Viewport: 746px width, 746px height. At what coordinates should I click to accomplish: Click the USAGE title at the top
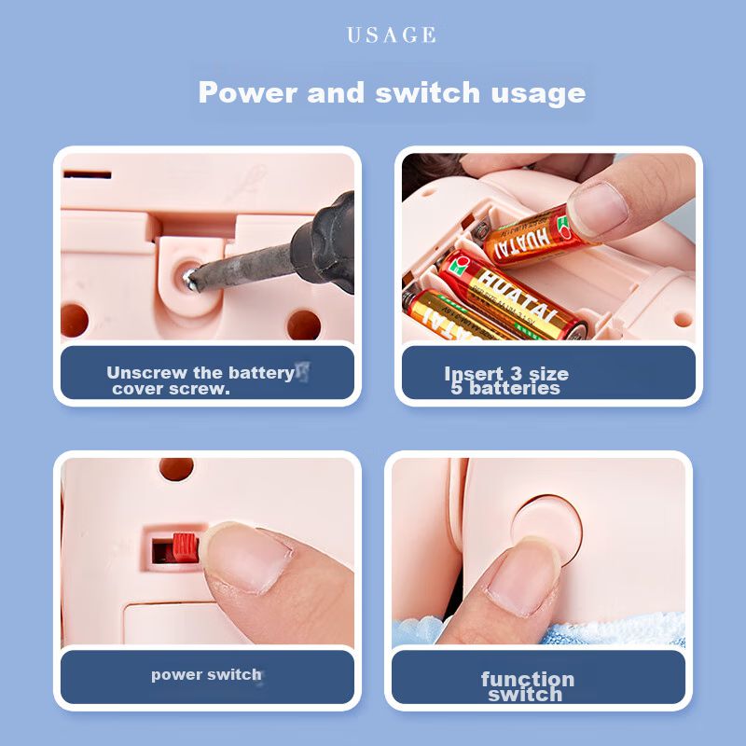point(391,35)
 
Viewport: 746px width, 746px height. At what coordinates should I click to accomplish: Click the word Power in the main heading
point(248,91)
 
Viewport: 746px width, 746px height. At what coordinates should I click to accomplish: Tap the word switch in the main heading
point(427,91)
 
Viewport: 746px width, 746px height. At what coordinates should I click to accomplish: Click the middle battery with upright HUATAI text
point(511,295)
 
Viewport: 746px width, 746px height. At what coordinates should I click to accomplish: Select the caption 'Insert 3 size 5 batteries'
point(506,380)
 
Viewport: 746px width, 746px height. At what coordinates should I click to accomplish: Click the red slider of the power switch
point(185,547)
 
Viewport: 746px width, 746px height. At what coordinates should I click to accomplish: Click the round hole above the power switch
point(176,469)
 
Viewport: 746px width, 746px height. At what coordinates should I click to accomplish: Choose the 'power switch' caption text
point(206,674)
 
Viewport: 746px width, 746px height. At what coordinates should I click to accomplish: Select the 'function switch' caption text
point(527,686)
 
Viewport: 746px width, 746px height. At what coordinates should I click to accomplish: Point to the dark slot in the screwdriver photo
point(88,174)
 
